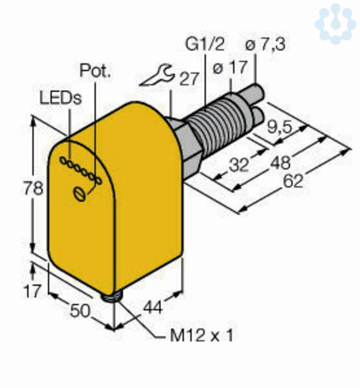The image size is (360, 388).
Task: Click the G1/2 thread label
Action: [205, 45]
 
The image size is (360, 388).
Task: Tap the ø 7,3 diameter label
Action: [265, 45]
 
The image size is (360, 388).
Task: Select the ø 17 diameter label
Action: [230, 67]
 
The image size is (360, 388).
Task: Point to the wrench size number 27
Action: [189, 79]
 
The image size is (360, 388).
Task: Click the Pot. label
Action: [95, 70]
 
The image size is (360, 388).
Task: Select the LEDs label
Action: [61, 98]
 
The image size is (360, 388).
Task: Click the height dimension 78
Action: [33, 188]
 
